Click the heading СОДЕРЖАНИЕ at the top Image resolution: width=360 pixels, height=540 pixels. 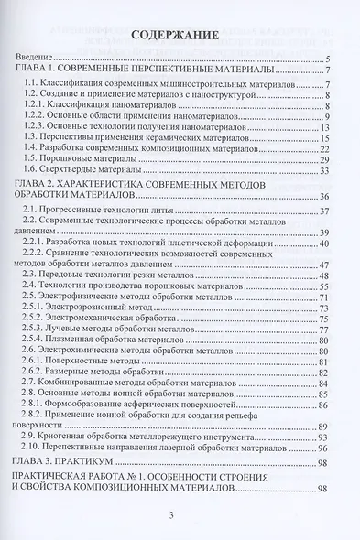(180, 38)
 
